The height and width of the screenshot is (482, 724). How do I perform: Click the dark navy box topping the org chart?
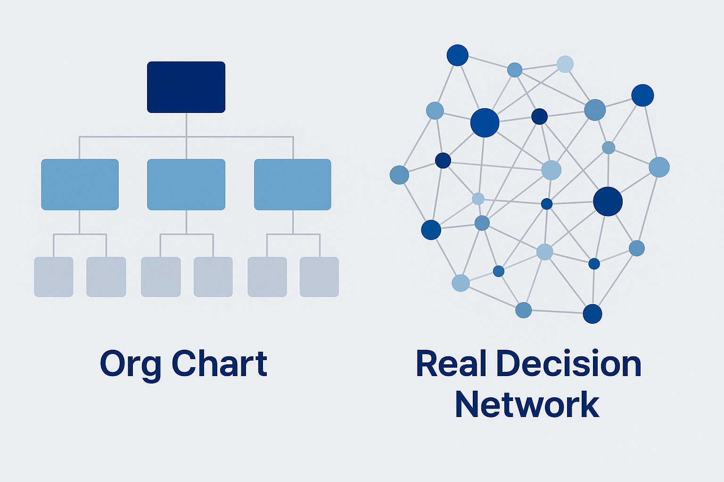pos(186,87)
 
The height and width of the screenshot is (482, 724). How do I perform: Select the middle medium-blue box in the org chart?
pos(186,185)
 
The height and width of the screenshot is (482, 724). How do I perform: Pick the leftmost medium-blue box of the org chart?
pos(80,185)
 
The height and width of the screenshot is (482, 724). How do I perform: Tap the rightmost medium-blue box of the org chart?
pos(293,185)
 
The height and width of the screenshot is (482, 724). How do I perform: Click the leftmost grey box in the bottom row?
pos(54,277)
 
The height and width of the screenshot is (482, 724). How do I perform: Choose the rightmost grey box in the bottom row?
pos(320,277)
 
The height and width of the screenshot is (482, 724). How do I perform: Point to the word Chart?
pos(219,363)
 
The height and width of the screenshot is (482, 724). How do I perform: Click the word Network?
pos(527,405)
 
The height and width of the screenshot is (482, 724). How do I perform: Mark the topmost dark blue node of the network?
pos(457,55)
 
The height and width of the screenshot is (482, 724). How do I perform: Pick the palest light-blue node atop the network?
pos(565,64)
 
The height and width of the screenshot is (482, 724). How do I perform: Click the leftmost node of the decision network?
pos(399,175)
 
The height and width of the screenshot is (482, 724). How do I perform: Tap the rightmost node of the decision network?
pos(659,167)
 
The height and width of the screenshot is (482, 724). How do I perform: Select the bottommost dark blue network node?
pos(592,314)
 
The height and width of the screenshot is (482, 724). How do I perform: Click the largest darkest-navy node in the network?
pos(608,201)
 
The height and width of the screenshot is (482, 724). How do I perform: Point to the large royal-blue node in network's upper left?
pos(485,123)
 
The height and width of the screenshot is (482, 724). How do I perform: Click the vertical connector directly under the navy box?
pos(186,125)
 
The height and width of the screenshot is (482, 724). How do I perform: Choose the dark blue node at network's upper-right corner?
pos(642,96)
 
